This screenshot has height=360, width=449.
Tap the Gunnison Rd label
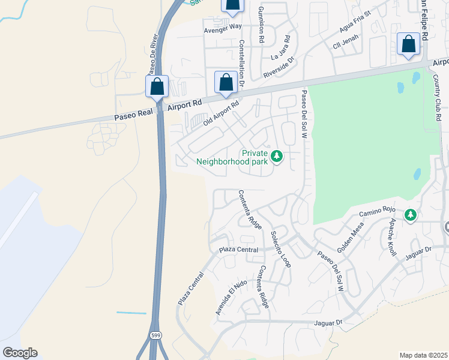point(261,25)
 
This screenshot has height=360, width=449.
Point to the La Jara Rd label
point(281,47)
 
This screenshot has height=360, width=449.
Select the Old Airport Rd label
point(221,113)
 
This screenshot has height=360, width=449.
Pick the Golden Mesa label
point(348,241)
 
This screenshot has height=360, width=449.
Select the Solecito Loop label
point(280,249)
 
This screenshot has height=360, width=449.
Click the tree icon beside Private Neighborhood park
point(276,157)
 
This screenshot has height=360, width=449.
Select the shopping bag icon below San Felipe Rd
point(408,45)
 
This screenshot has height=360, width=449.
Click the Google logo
point(20,353)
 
